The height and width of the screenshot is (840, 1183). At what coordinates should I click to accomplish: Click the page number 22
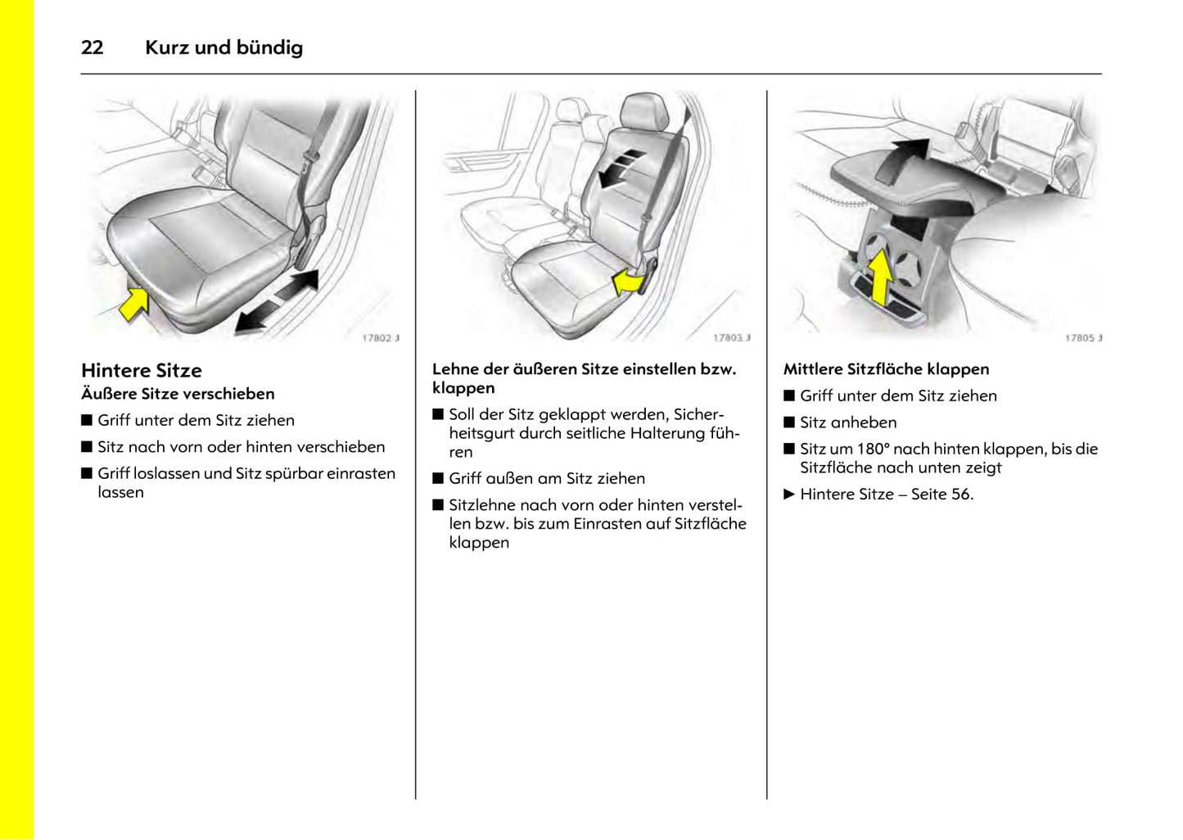point(92,47)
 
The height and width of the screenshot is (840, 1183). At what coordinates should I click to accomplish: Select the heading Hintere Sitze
point(141,370)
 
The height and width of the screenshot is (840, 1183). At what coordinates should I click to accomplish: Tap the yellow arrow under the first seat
point(133,302)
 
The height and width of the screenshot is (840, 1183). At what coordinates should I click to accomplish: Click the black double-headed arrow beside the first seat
point(277,301)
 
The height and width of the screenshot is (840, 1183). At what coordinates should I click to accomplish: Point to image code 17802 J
point(381,337)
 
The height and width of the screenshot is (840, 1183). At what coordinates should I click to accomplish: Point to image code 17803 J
point(731,337)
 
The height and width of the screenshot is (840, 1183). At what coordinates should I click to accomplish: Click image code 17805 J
point(1083,337)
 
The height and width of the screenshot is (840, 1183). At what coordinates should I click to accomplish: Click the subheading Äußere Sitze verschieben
point(178,394)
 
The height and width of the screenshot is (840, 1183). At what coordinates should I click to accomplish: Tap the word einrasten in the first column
point(361,473)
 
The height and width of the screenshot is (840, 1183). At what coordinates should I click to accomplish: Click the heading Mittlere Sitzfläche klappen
point(886,369)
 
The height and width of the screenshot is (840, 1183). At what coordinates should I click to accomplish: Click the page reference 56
point(961,495)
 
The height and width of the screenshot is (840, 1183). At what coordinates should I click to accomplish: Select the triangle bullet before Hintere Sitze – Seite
point(789,495)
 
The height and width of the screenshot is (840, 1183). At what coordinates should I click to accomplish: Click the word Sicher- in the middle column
point(698,414)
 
